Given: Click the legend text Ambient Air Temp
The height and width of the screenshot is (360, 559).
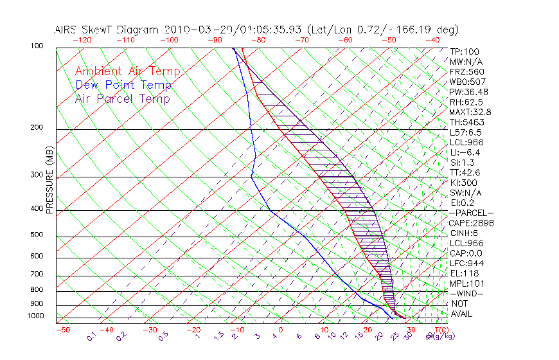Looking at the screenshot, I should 127,71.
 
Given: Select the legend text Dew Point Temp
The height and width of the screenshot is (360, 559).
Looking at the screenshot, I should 123,85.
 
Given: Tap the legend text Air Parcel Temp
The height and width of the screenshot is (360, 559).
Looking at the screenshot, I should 122,98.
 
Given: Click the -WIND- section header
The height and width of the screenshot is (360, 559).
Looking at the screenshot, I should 467,293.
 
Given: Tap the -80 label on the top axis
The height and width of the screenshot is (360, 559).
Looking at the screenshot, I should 259,40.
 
